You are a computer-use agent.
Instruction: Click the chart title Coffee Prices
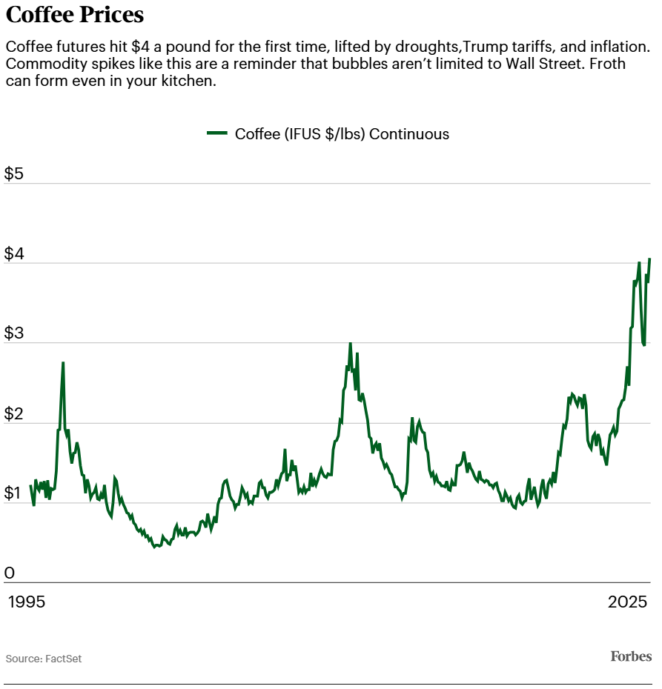tap(75, 15)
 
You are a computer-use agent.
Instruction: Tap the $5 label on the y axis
tap(15, 174)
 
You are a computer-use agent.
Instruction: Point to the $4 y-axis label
tap(15, 254)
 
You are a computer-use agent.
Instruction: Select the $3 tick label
tap(15, 334)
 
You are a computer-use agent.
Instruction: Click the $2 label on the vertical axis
tap(15, 414)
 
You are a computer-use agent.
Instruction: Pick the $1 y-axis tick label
tap(15, 494)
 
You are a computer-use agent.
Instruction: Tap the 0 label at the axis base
tap(10, 573)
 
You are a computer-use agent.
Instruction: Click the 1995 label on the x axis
tap(27, 602)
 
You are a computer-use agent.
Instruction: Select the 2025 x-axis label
tap(628, 602)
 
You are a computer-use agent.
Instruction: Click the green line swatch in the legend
tap(217, 133)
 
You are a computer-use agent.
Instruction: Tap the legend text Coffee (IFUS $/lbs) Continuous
tap(342, 134)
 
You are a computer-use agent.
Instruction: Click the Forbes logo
tap(631, 656)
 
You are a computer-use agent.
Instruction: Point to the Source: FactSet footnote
tap(44, 659)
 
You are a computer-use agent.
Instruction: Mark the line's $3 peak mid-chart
tap(350, 344)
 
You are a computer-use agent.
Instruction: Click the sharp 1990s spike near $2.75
tap(63, 363)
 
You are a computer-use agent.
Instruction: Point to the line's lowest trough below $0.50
tap(155, 547)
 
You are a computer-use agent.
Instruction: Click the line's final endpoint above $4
tap(649, 259)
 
